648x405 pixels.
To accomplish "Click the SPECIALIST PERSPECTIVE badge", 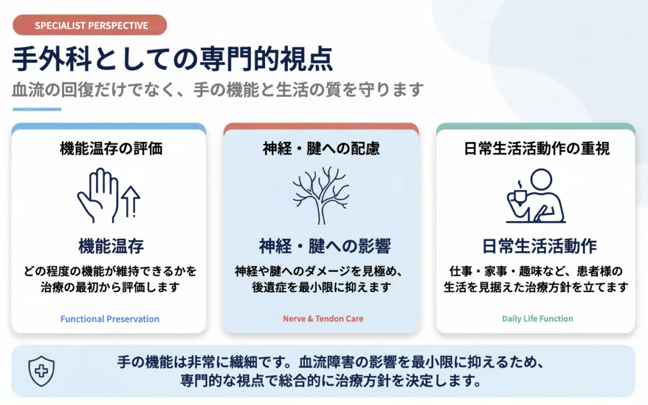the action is point(90,25).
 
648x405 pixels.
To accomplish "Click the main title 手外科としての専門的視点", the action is point(172,59).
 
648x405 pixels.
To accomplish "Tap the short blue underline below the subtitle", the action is point(37,109).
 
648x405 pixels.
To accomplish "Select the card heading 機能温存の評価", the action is point(111,148).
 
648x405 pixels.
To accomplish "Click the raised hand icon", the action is point(98,195).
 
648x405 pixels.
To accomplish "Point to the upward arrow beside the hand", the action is point(131,202).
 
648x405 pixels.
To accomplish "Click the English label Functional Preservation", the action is point(109,319).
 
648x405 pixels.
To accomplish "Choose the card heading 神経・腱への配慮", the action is point(321,148).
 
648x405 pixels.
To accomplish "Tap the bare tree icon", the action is point(321,195).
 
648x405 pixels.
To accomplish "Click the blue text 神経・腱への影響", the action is point(325,247).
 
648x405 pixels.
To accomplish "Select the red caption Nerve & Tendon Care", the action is point(323,319).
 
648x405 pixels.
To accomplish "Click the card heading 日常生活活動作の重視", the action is point(537,148).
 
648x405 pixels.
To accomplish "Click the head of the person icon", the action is point(541,179).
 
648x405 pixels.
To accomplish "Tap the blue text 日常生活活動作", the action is point(539,247).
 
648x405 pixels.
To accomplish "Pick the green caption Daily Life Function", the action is point(537,319).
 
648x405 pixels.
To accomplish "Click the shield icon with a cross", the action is point(41,371).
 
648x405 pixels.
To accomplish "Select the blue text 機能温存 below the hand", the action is point(111,247).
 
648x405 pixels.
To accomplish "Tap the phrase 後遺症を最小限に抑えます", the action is point(321,287).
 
